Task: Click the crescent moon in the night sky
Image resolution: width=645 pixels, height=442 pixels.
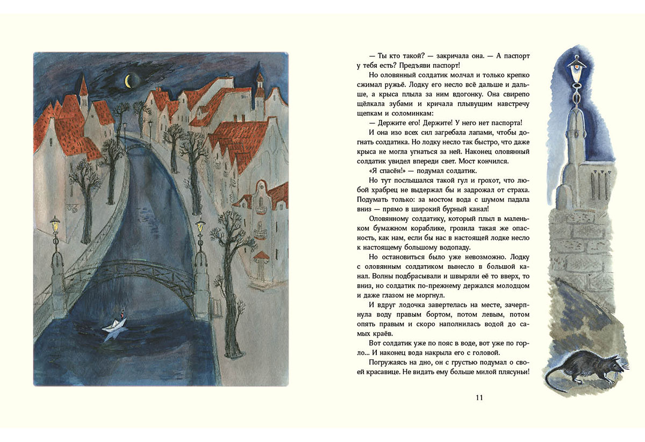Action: (128, 81)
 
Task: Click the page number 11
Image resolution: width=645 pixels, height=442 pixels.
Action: (479, 398)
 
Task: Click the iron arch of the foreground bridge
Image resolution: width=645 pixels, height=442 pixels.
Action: (129, 265)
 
